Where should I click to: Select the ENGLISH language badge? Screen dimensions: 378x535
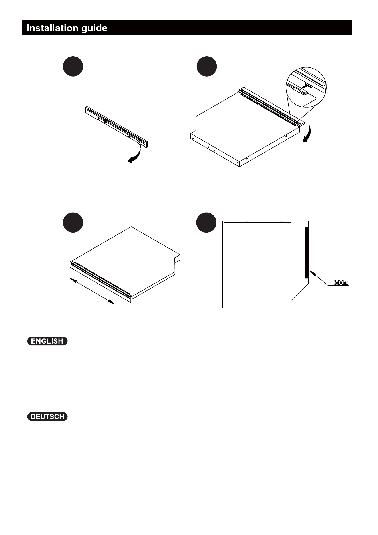point(47,341)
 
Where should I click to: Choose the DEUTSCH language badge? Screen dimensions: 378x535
point(47,417)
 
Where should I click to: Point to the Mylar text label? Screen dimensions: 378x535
point(341,283)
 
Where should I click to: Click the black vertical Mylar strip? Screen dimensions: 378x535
point(306,253)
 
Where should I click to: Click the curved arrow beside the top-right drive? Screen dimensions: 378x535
point(308,134)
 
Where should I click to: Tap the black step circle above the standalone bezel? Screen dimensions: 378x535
point(73,66)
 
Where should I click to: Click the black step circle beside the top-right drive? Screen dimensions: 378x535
point(207,66)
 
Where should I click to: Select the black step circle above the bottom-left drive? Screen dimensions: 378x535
point(73,222)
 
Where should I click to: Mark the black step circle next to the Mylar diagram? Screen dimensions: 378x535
point(207,222)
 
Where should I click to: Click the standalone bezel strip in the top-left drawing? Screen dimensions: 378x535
point(117,127)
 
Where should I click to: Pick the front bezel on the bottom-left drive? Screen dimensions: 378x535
point(101,282)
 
